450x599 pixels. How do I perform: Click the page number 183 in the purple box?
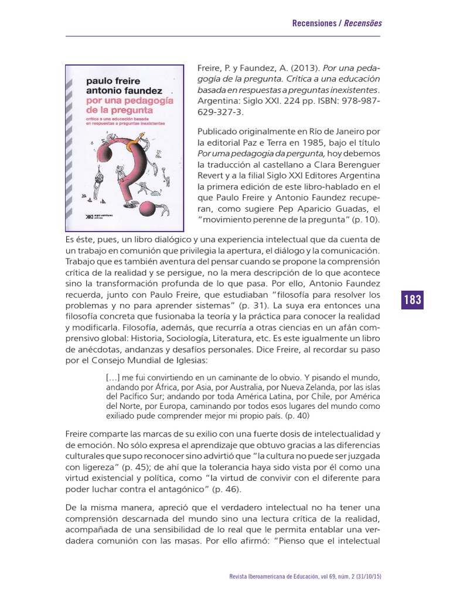click(x=412, y=300)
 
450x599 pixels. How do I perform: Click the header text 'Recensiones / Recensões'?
click(x=337, y=23)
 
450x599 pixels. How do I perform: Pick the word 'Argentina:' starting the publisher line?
click(x=217, y=101)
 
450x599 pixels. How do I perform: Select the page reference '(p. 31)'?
click(x=255, y=306)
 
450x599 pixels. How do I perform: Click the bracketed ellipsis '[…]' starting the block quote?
click(x=112, y=377)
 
